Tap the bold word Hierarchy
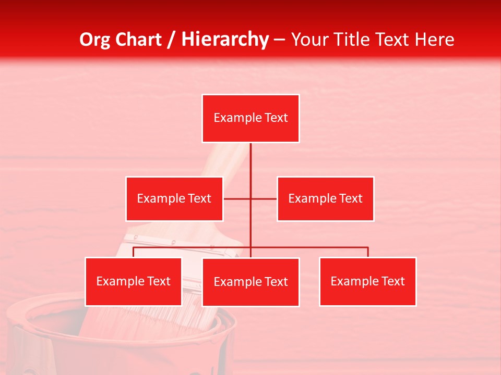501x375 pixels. (225, 40)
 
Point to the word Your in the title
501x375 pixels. (308, 40)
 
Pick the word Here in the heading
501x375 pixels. (434, 40)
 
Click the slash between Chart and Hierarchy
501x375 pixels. (171, 40)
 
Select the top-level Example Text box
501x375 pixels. (250, 118)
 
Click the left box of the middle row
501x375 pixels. (174, 198)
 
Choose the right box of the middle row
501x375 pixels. (325, 198)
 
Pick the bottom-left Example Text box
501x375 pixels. (133, 281)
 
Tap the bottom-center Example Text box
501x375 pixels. (250, 282)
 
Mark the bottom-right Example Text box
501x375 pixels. (367, 281)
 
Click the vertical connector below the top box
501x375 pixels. (250, 167)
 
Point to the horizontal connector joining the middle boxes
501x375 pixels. (237, 198)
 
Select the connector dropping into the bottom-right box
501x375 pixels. (368, 252)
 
